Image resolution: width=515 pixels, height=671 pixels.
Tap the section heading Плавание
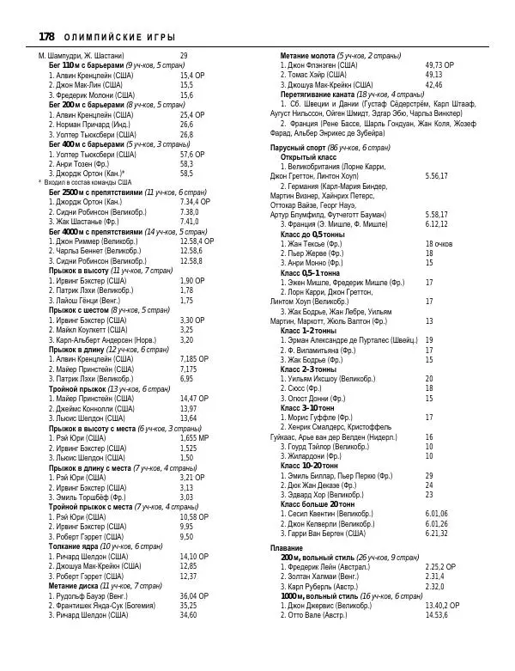[x=286, y=547]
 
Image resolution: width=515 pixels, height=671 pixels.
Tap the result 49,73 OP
[x=439, y=64]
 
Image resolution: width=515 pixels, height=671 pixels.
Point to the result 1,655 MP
[x=194, y=438]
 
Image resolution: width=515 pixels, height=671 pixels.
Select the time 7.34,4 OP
[x=196, y=202]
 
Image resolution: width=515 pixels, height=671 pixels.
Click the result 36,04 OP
[x=193, y=595]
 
